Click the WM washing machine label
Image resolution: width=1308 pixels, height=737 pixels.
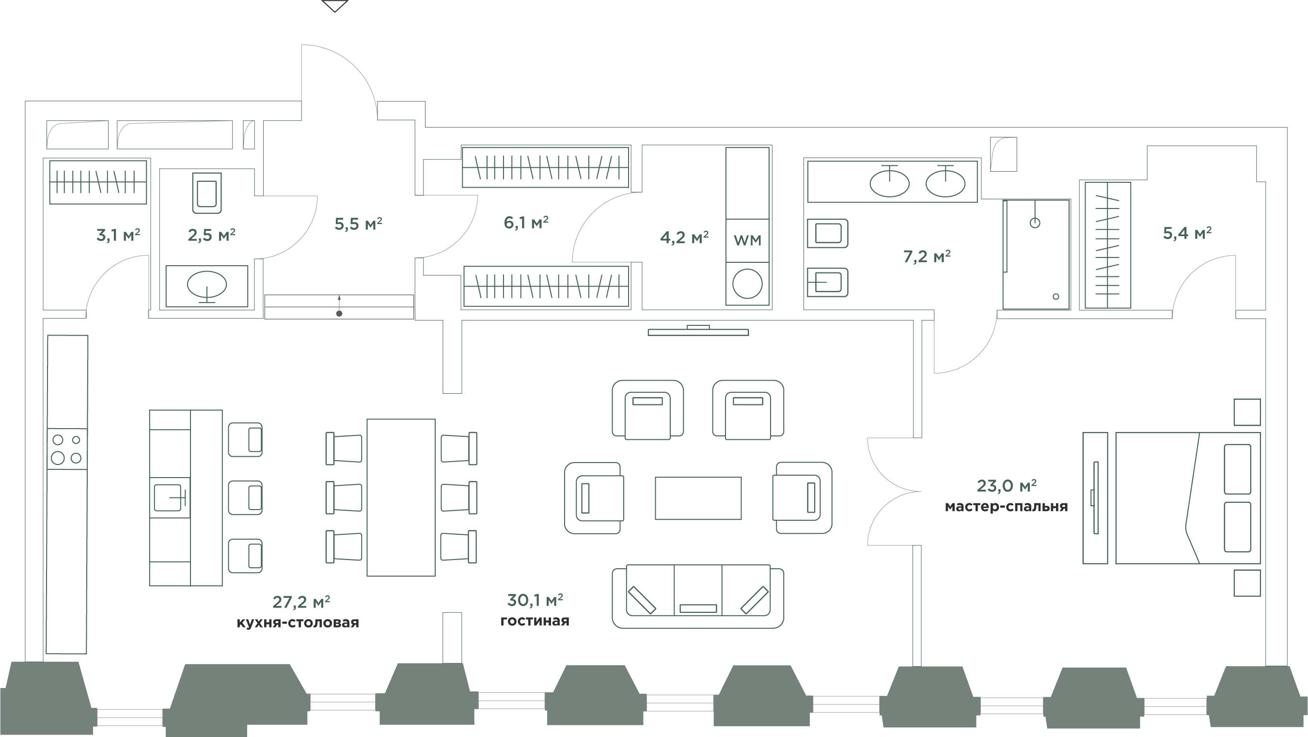(747, 240)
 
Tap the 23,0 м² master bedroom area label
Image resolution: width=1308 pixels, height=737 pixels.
(1007, 486)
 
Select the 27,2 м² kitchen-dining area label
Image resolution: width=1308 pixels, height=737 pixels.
(301, 602)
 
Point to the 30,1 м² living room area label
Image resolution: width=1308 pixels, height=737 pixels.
(535, 600)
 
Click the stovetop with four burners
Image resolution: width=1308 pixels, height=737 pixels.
(67, 449)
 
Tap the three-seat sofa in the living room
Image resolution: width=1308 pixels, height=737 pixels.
(698, 597)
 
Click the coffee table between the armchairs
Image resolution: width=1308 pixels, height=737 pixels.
(698, 498)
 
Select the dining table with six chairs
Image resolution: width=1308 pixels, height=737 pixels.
(401, 497)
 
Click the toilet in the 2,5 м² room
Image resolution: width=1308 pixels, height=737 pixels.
(207, 192)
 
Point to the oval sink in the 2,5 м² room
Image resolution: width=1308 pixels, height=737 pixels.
(207, 286)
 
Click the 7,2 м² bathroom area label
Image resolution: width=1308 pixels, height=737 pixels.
(927, 257)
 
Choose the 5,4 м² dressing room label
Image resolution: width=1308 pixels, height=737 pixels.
(1187, 233)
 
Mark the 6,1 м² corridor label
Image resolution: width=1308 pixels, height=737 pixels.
(526, 222)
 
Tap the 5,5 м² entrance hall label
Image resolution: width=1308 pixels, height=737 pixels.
(358, 224)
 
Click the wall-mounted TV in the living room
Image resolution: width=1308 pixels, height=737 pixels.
(698, 331)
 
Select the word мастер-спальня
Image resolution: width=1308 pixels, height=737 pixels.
(1007, 507)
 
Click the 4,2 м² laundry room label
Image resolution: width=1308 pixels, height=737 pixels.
(684, 237)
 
